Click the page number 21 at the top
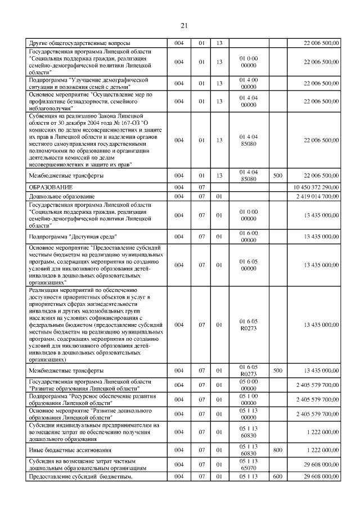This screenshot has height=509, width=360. [183, 25]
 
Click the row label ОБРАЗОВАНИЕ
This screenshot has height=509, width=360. [49, 186]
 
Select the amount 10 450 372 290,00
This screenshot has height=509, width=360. [316, 186]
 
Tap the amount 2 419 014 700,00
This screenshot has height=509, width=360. [318, 196]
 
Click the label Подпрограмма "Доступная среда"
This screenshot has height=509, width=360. [71, 237]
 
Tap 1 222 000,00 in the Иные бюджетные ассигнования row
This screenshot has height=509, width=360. [320, 451]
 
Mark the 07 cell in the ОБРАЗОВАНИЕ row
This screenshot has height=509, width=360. [201, 186]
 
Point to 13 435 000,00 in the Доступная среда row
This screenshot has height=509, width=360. [320, 237]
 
